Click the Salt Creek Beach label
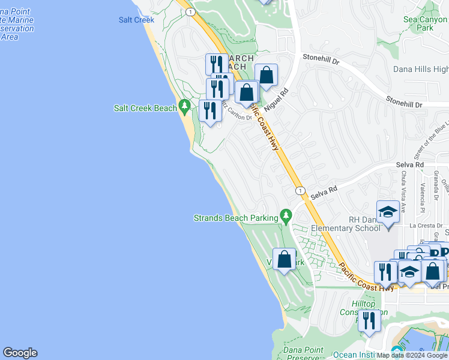[145, 108]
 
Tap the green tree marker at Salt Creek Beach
[185, 107]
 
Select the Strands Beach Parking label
[236, 218]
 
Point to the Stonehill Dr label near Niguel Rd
[321, 61]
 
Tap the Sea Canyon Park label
[425, 23]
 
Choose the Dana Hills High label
[421, 69]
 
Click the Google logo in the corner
[20, 353]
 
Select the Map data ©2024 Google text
[412, 355]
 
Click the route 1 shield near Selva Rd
[299, 190]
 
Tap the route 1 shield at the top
[190, 11]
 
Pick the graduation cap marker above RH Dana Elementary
[388, 213]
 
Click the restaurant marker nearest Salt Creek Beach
[210, 111]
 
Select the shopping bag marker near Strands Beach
[285, 260]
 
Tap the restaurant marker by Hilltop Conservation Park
[369, 321]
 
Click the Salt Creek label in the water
[136, 20]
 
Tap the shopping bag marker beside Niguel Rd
[267, 76]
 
